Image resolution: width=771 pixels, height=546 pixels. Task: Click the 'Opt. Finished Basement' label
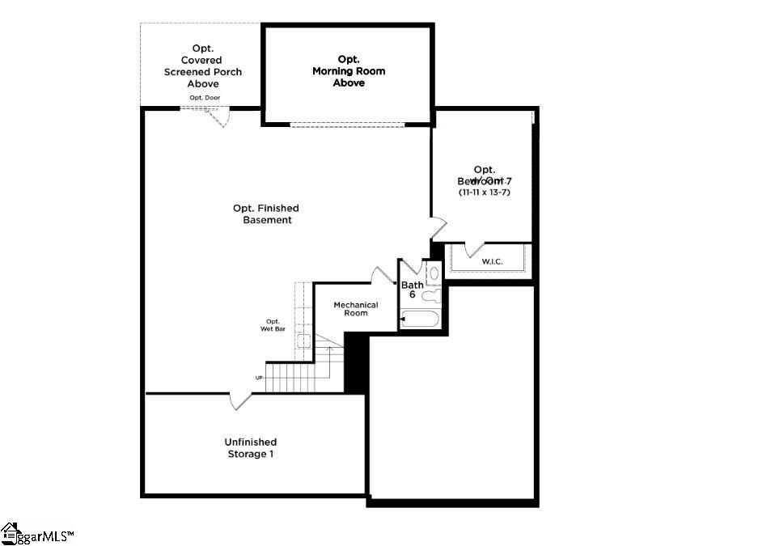pyautogui.click(x=266, y=214)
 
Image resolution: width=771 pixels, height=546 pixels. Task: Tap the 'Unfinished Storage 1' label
pyautogui.click(x=250, y=448)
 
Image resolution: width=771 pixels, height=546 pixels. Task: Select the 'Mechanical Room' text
pyautogui.click(x=356, y=309)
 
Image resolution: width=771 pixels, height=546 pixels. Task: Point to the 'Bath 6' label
pyautogui.click(x=412, y=290)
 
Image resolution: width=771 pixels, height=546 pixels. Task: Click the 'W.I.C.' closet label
pyautogui.click(x=493, y=261)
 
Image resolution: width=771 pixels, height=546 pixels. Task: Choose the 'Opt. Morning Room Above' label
pyautogui.click(x=349, y=71)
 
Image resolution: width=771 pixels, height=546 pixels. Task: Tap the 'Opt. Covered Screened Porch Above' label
pyautogui.click(x=202, y=66)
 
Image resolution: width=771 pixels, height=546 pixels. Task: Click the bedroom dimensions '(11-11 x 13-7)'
pyautogui.click(x=484, y=193)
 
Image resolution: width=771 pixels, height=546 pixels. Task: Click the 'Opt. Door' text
pyautogui.click(x=204, y=98)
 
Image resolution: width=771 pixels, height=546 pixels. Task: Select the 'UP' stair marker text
pyautogui.click(x=259, y=378)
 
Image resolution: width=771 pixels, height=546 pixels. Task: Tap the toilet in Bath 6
pyautogui.click(x=430, y=294)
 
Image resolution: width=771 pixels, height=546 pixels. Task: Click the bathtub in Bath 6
pyautogui.click(x=420, y=320)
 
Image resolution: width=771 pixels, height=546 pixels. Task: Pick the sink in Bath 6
pyautogui.click(x=434, y=273)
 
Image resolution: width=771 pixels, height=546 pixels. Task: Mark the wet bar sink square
pyautogui.click(x=305, y=341)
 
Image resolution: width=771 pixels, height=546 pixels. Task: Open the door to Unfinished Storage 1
pyautogui.click(x=241, y=400)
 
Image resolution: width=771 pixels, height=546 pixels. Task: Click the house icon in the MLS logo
pyautogui.click(x=10, y=533)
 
